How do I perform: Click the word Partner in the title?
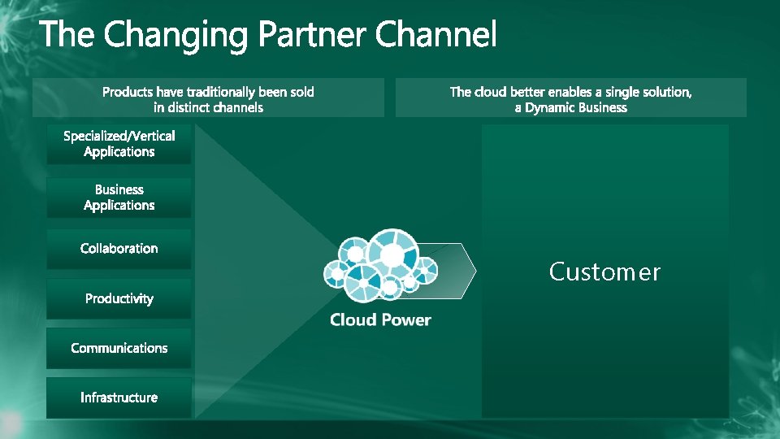[x=314, y=36]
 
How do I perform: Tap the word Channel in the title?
[x=436, y=35]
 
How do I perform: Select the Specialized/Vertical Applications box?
[x=119, y=144]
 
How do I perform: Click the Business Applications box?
[x=119, y=198]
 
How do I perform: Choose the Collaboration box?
[x=119, y=249]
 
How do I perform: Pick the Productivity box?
[x=119, y=299]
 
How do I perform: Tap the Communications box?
[x=119, y=348]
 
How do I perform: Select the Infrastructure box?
[x=119, y=398]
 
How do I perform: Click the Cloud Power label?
[x=380, y=319]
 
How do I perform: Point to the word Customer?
[x=604, y=272]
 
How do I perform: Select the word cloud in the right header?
[x=490, y=92]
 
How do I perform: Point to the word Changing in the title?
[x=179, y=36]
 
